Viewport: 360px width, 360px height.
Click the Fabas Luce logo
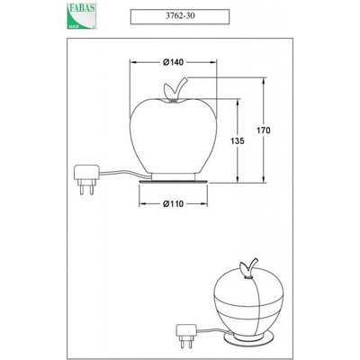pyautogui.click(x=81, y=16)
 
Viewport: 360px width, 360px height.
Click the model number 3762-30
pyautogui.click(x=180, y=16)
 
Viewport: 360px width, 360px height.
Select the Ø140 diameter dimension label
pyautogui.click(x=173, y=62)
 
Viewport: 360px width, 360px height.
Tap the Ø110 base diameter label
pyautogui.click(x=173, y=204)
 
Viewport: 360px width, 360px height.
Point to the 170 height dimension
pyautogui.click(x=264, y=130)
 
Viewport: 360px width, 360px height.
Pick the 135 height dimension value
pyautogui.click(x=238, y=140)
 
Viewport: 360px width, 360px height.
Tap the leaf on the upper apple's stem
pyautogui.click(x=168, y=89)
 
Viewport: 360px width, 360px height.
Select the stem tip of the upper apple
pyautogui.click(x=185, y=78)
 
